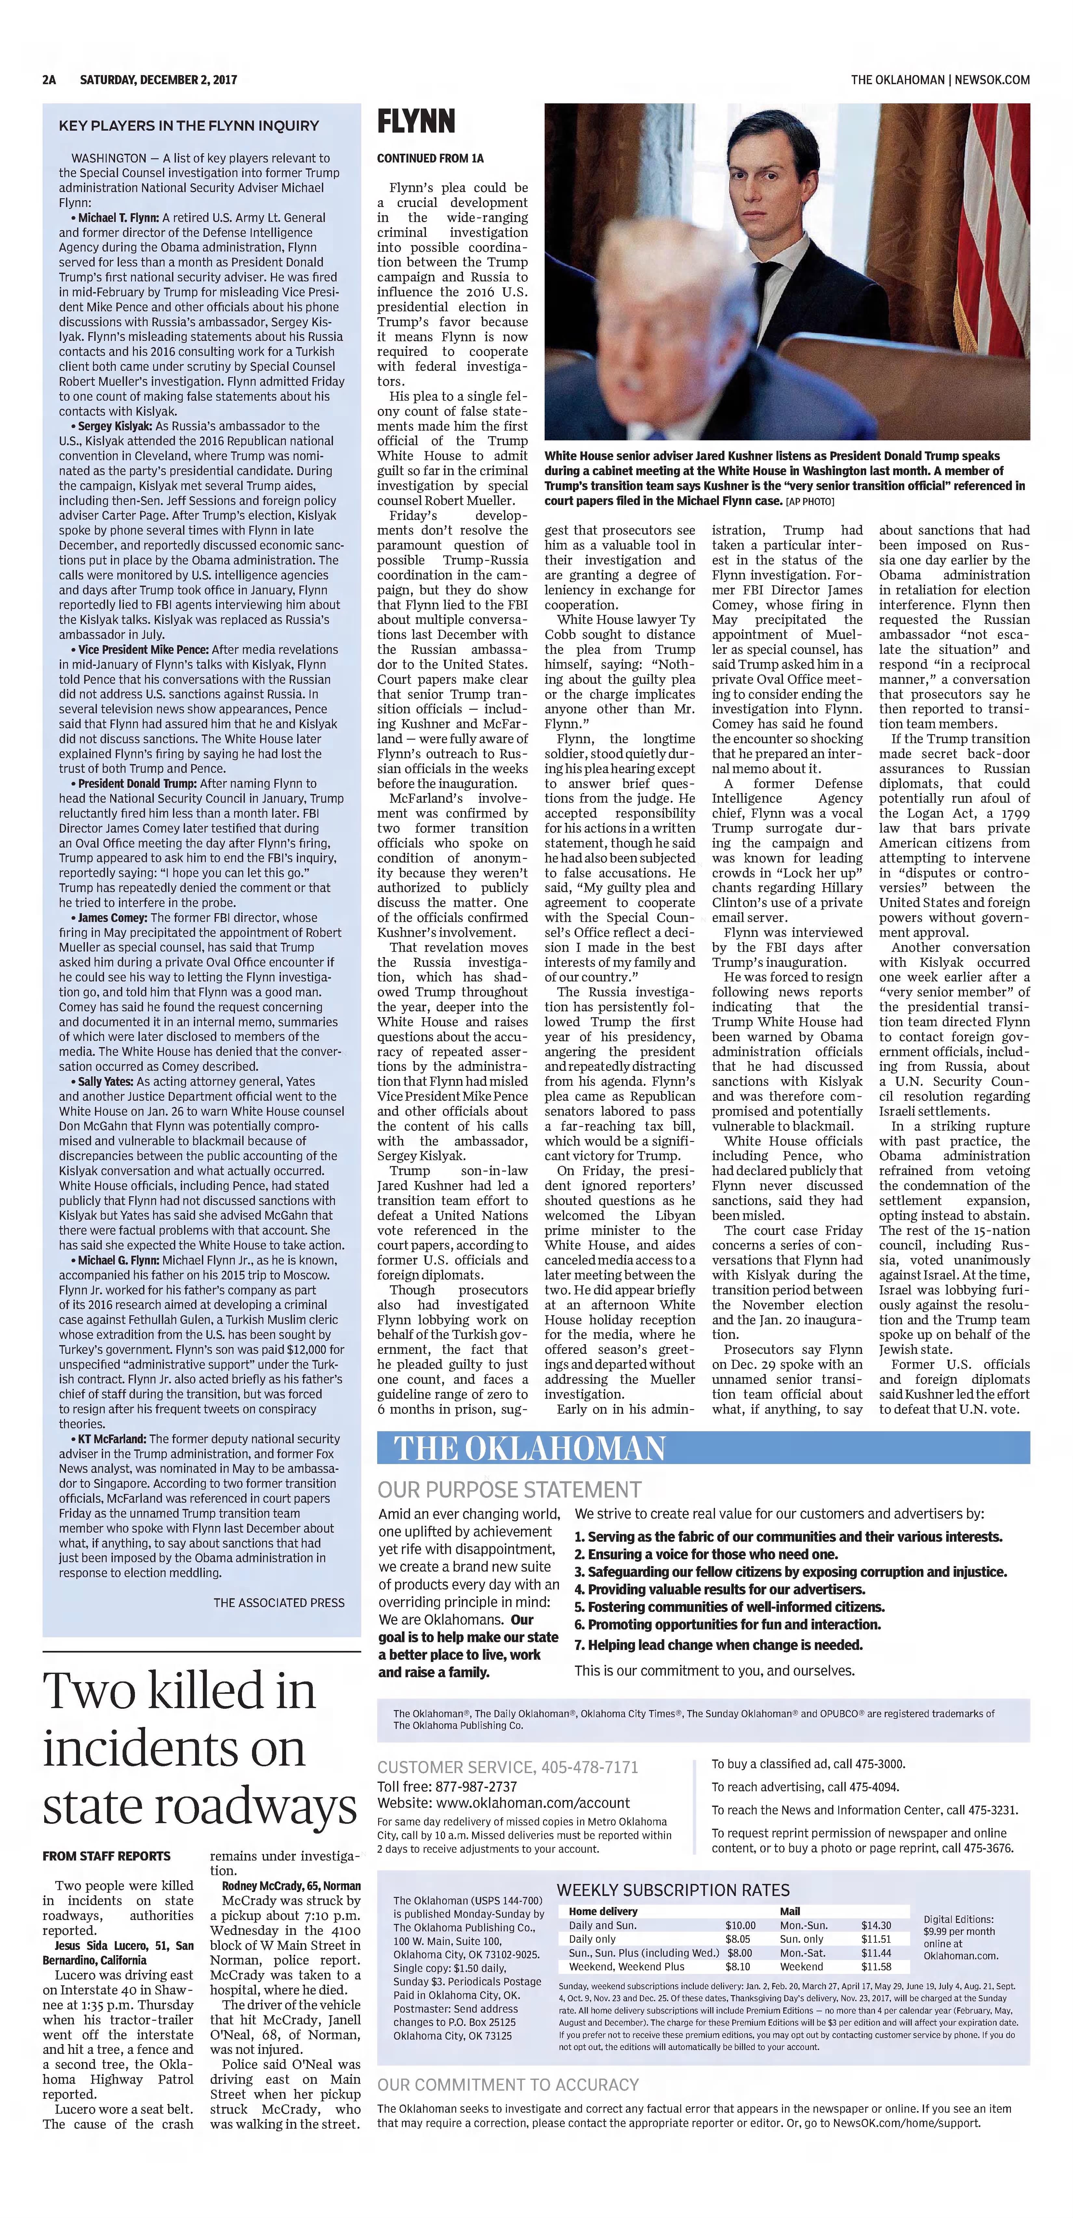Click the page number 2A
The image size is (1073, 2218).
tap(49, 80)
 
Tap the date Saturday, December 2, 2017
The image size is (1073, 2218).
tap(158, 80)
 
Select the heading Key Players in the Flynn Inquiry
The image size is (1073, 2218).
tap(189, 126)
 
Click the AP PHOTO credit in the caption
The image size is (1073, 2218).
tap(810, 501)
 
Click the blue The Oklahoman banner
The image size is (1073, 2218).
tap(703, 1448)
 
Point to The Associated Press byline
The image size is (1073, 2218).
tap(279, 1602)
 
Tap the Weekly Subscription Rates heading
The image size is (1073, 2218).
tap(672, 1890)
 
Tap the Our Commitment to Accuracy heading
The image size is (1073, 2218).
tap(508, 2084)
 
